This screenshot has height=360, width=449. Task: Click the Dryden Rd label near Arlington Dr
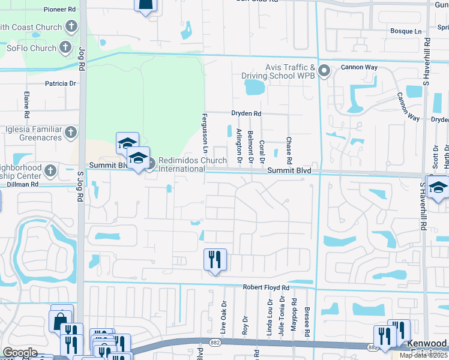coord(246,113)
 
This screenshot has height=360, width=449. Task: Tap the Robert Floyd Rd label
coord(266,288)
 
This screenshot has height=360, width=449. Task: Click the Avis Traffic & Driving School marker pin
coord(324,71)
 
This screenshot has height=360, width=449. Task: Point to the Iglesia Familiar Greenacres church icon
coord(71,132)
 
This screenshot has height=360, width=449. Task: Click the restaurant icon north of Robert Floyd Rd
coord(215,260)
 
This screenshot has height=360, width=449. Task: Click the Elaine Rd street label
coord(27,104)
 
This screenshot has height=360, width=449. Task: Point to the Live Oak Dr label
coord(223,317)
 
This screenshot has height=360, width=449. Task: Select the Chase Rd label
coord(289,151)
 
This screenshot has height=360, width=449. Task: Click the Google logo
coord(20,353)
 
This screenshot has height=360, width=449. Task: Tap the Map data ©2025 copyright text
coord(423,355)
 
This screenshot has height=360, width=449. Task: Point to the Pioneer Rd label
coord(59,10)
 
